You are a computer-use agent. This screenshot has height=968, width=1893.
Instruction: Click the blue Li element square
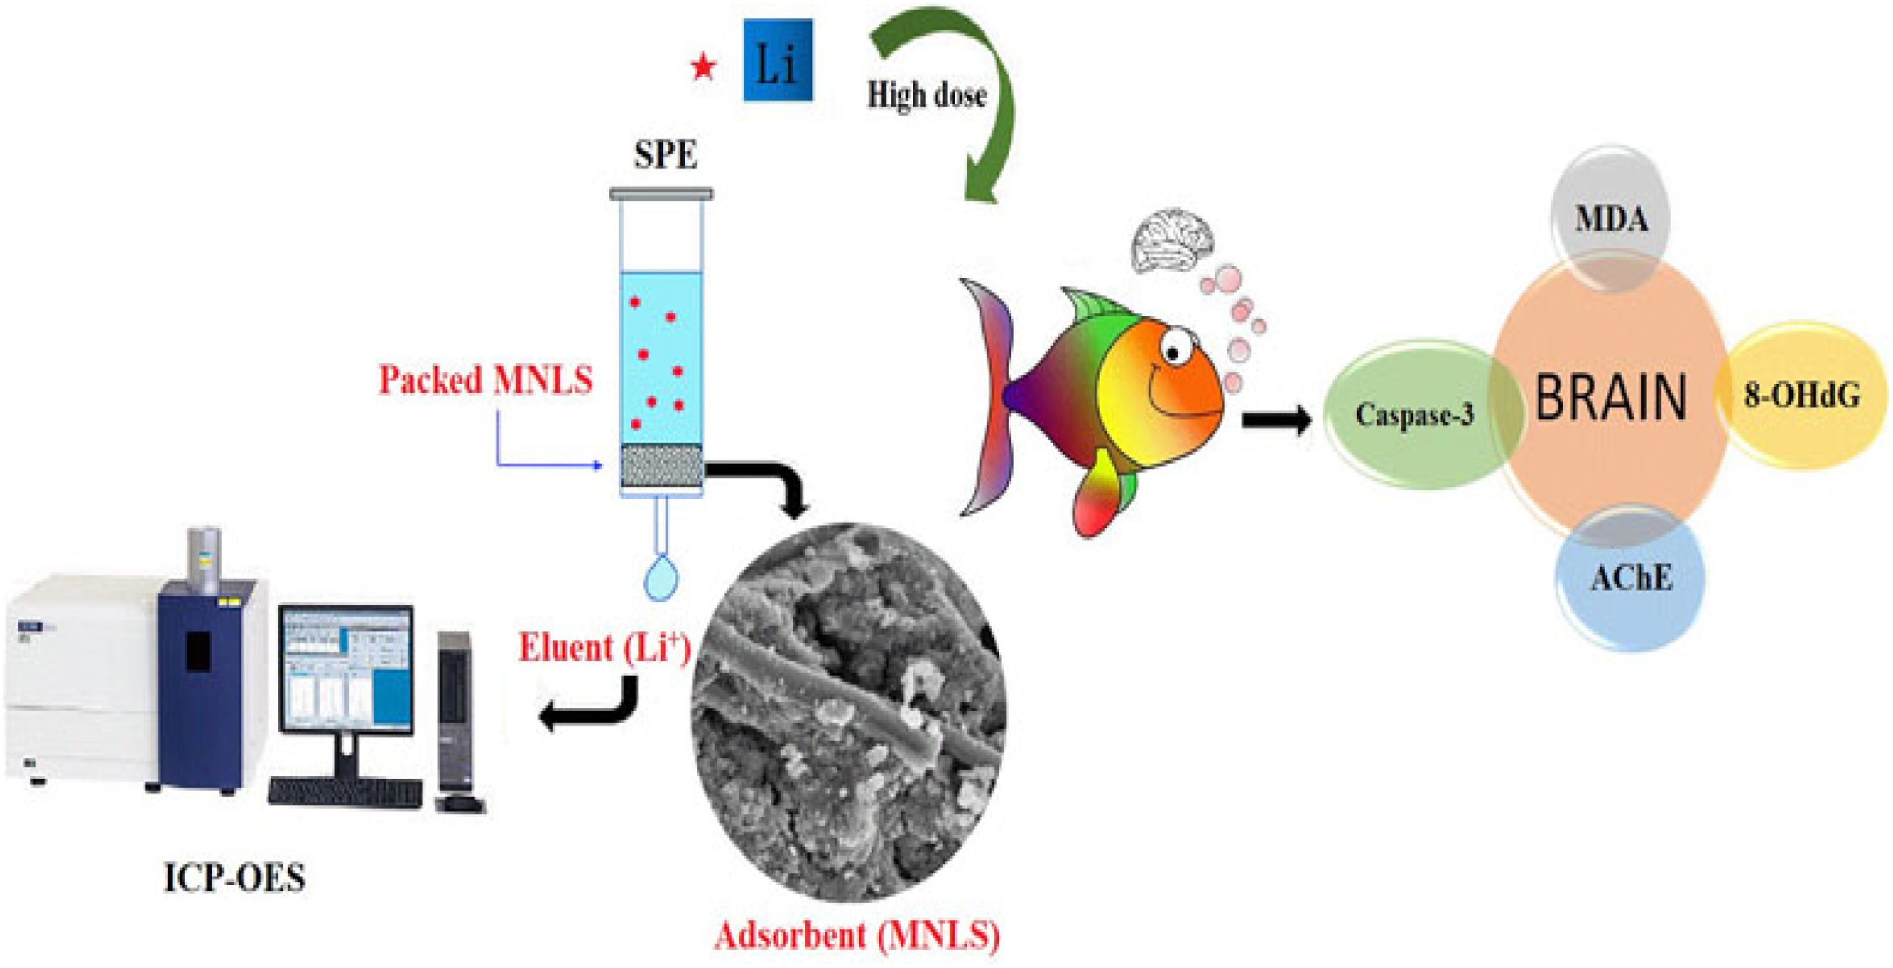pos(778,60)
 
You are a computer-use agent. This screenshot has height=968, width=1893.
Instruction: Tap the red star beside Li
pos(703,69)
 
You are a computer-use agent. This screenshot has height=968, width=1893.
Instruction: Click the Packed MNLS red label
pos(485,380)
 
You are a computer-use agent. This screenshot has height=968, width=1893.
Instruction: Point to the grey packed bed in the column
pos(661,464)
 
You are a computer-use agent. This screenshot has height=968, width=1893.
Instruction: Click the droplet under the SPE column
pos(662,577)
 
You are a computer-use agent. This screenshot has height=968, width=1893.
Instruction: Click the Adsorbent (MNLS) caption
pos(857,936)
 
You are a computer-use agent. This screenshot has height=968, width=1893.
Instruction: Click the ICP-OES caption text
pos(234,878)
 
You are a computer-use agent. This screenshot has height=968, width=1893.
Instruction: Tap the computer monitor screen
pos(346,668)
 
